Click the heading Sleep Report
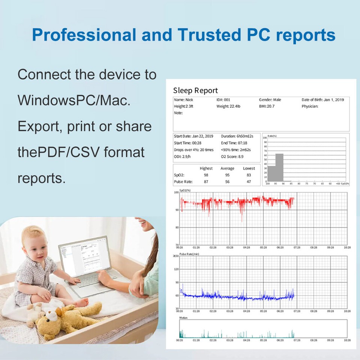point(195,90)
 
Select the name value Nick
point(189,100)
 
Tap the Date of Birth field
point(322,100)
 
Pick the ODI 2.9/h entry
point(182,156)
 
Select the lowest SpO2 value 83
point(249,175)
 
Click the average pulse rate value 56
point(227,182)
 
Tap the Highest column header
point(206,168)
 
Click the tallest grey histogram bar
point(279,167)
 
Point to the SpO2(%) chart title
point(185,190)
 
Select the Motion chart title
point(183,318)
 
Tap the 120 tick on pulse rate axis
point(177,269)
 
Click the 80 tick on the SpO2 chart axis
point(177,227)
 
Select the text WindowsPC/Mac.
point(74,100)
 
